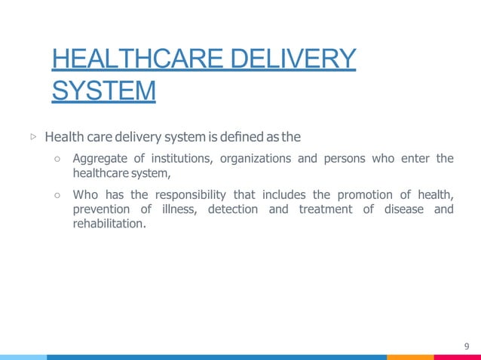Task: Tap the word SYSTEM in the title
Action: (x=104, y=91)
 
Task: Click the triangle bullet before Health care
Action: (x=33, y=138)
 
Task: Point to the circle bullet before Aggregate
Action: (x=57, y=159)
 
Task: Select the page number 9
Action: (x=467, y=346)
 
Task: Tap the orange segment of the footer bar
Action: (x=410, y=357)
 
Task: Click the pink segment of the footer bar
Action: (x=457, y=357)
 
